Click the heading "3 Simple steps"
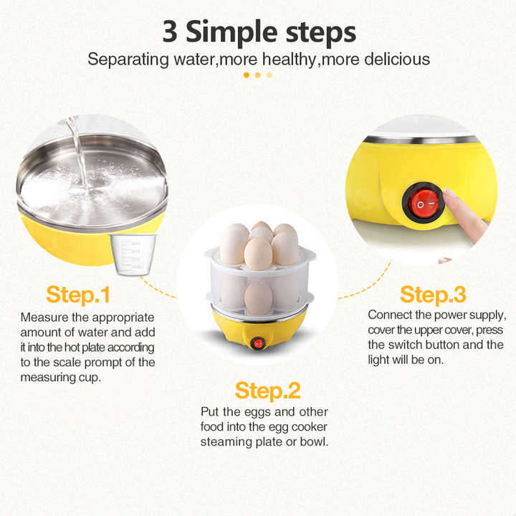tap(258, 32)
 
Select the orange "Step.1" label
tap(79, 294)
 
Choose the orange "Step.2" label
tap(268, 391)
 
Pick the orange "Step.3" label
tap(433, 294)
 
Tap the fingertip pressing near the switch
tap(451, 199)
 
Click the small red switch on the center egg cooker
tap(258, 343)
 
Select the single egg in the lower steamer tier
tap(258, 297)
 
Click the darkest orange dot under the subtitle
tap(247, 75)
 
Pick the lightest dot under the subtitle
tap(269, 75)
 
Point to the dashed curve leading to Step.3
tap(365, 287)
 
